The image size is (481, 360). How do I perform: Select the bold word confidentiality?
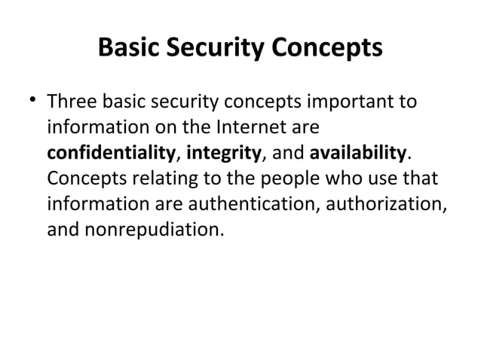coord(110,153)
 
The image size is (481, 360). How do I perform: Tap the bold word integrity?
coord(223,153)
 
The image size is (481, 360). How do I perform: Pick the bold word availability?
coord(358,153)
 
